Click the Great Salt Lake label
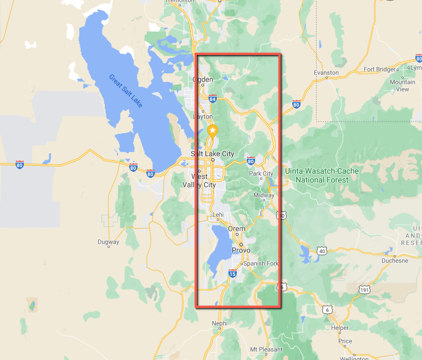pyautogui.click(x=125, y=91)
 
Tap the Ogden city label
pyautogui.click(x=202, y=79)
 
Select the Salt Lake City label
pyautogui.click(x=212, y=154)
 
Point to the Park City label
pyautogui.click(x=261, y=174)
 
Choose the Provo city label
pyautogui.click(x=241, y=251)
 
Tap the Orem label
pyautogui.click(x=240, y=229)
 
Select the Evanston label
pyautogui.click(x=326, y=73)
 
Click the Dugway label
pyautogui.click(x=108, y=242)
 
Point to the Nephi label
pyautogui.click(x=220, y=323)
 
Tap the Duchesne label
pyautogui.click(x=395, y=260)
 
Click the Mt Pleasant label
pyautogui.click(x=266, y=349)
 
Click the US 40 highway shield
pyautogui.click(x=322, y=251)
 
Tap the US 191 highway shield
pyautogui.click(x=364, y=290)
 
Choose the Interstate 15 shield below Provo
pyautogui.click(x=232, y=273)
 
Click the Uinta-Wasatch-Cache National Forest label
pyautogui.click(x=322, y=175)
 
